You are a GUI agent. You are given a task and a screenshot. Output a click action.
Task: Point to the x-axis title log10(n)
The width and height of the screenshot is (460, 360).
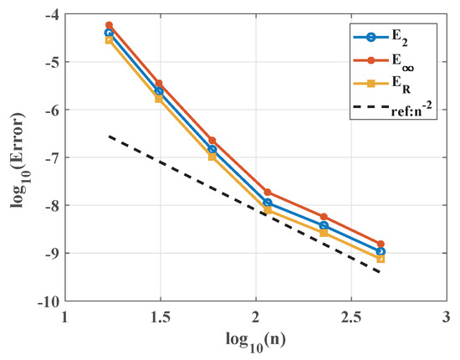click(255, 344)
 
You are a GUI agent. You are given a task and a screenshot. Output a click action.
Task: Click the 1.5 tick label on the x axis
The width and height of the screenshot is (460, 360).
click(159, 318)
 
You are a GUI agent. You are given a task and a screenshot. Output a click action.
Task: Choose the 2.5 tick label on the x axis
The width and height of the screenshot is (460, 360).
click(350, 318)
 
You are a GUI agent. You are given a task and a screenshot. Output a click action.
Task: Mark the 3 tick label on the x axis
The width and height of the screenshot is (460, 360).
click(445, 318)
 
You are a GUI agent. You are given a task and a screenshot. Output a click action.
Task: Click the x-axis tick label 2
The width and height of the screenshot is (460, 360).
click(255, 318)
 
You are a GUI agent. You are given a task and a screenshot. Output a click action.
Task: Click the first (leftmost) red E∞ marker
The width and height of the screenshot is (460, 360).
click(109, 26)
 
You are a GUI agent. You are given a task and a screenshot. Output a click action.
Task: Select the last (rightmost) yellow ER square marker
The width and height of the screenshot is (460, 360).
click(381, 259)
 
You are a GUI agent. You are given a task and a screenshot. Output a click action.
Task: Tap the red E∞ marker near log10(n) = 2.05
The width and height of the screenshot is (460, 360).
click(268, 193)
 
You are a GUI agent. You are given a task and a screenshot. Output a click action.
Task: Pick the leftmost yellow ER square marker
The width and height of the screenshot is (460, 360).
click(109, 39)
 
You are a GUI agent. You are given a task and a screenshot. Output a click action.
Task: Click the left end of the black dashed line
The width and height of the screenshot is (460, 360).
click(110, 136)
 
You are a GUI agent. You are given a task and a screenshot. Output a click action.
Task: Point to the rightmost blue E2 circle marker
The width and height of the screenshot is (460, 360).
click(381, 251)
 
